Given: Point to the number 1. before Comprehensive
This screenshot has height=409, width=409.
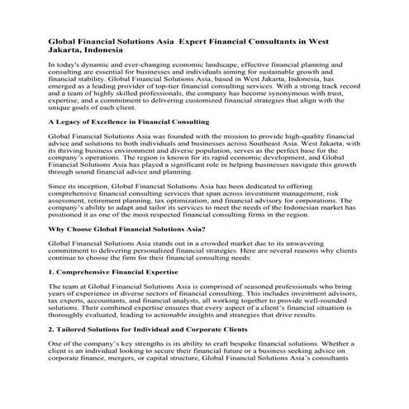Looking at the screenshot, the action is [52, 271].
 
